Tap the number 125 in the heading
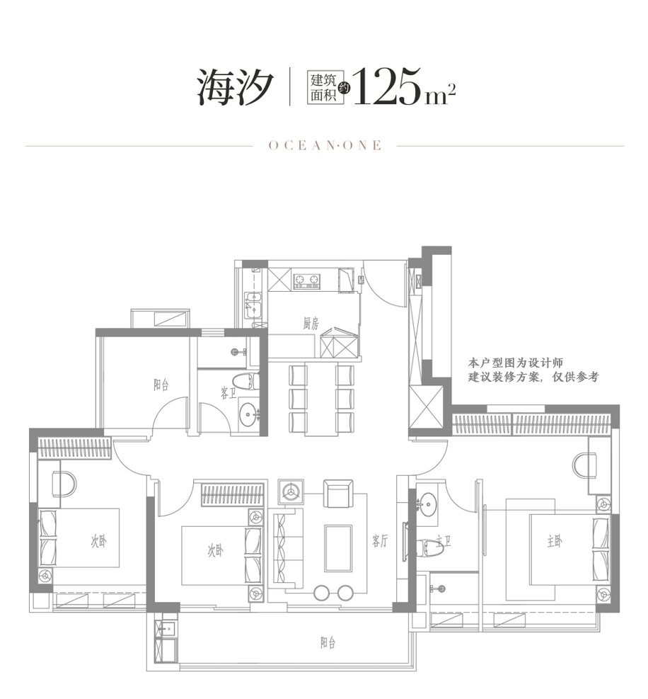pyautogui.click(x=386, y=87)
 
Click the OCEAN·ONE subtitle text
pyautogui.click(x=325, y=145)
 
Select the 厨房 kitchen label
pyautogui.click(x=311, y=324)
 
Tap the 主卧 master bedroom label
pyautogui.click(x=555, y=542)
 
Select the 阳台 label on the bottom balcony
pyautogui.click(x=327, y=643)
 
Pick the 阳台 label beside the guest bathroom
pyautogui.click(x=161, y=385)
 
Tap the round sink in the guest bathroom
pyautogui.click(x=247, y=414)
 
